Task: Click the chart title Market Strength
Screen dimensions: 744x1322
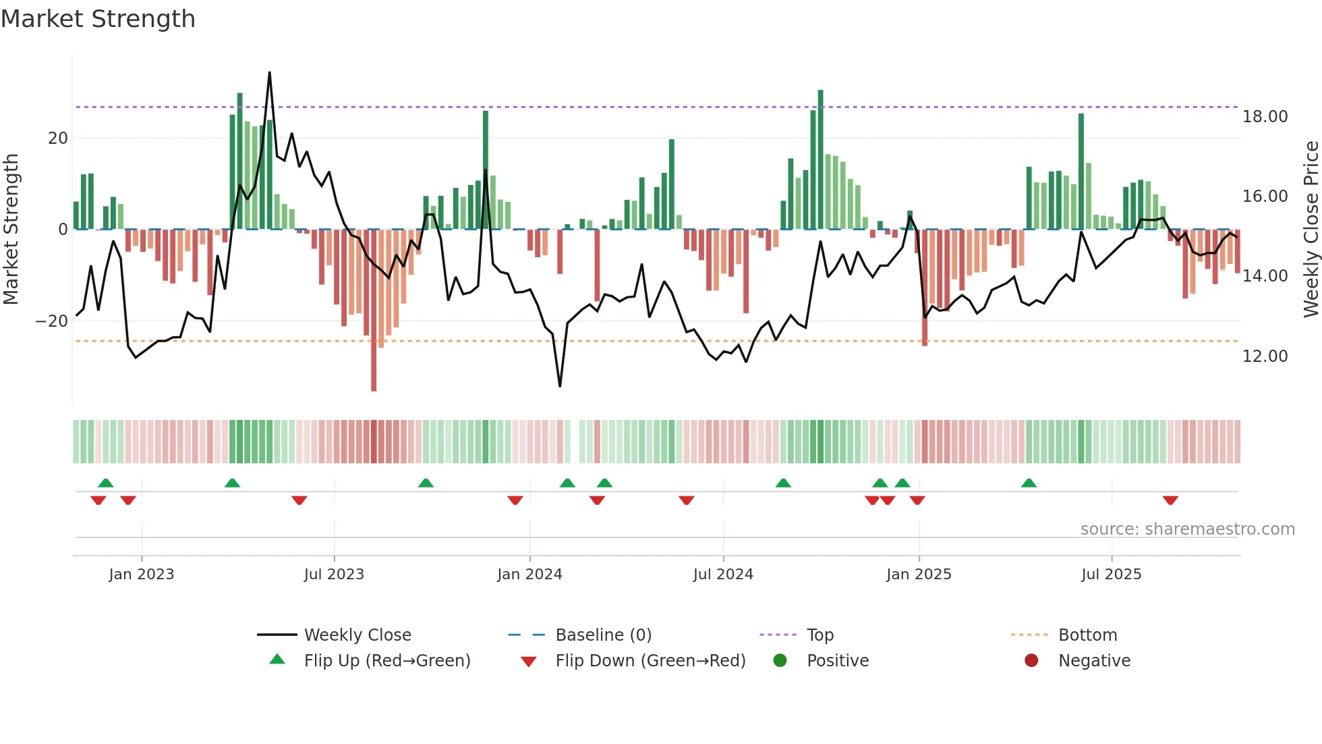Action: coord(98,19)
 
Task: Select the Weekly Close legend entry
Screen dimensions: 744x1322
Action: coord(357,635)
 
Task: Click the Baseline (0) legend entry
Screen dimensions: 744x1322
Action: coord(603,635)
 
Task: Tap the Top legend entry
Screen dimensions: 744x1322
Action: coord(820,635)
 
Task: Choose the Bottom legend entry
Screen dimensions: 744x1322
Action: coord(1087,635)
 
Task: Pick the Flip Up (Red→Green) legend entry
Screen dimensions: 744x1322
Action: coord(386,661)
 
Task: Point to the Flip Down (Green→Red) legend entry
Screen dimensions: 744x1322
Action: coord(650,661)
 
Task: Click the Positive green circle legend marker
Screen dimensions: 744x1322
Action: coord(780,661)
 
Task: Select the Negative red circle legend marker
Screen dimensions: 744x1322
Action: coord(1031,661)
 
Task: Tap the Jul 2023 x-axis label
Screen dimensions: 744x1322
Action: coord(334,575)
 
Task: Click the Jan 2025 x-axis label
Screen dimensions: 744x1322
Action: coord(919,575)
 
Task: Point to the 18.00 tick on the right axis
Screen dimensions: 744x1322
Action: coord(1265,117)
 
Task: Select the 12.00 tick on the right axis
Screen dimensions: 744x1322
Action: coord(1265,356)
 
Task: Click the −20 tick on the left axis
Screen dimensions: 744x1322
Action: coord(52,321)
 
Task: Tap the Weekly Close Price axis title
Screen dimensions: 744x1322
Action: coord(1311,230)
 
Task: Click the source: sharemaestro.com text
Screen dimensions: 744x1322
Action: coord(1187,529)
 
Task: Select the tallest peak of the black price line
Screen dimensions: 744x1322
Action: coord(270,74)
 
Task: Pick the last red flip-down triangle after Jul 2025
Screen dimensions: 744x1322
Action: coord(1170,500)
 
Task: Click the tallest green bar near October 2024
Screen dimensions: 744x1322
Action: coord(820,159)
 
